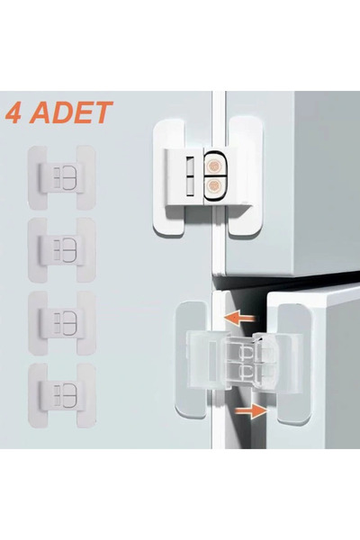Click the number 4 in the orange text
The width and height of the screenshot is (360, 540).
tap(14, 114)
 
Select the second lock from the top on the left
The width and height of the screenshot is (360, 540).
tap(62, 248)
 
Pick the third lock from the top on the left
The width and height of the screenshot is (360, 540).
tap(62, 321)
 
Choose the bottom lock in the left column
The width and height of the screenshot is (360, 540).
tap(62, 394)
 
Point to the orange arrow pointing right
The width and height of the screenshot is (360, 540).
tap(254, 410)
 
